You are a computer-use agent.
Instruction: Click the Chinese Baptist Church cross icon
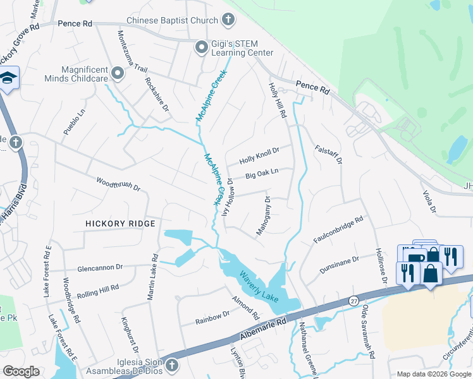228,20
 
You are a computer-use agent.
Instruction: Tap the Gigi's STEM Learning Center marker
202,47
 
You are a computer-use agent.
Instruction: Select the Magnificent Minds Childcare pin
118,74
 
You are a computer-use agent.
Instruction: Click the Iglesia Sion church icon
171,365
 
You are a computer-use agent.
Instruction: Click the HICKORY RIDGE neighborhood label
121,224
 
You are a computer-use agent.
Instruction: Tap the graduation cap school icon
8,78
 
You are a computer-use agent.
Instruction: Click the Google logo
21,371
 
